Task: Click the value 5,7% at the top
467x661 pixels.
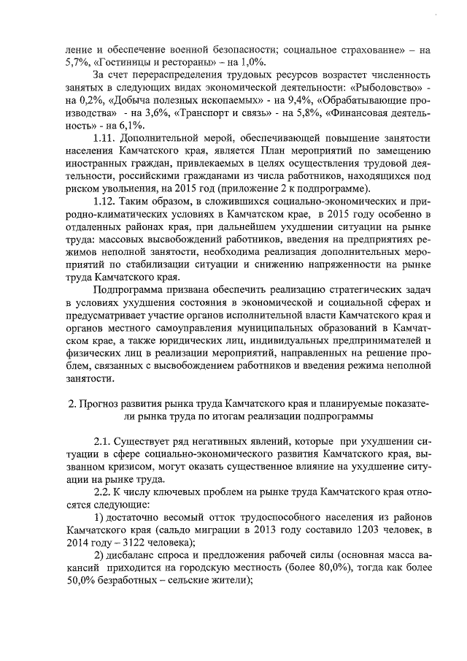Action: point(78,63)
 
